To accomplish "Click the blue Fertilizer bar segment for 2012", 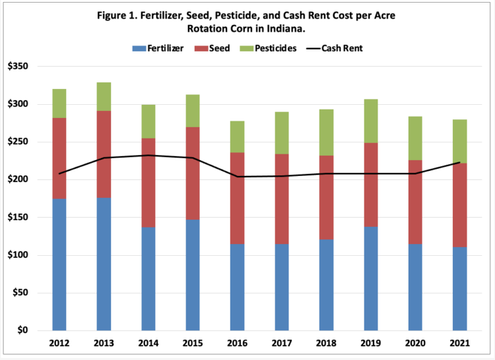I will [59, 264].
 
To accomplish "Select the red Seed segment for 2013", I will [104, 154].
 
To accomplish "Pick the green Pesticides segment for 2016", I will [236, 136].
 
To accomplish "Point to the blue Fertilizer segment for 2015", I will [192, 275].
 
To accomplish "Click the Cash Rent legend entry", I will [337, 48].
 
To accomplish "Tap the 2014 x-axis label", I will [148, 343].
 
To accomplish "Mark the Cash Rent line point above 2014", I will [148, 155].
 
